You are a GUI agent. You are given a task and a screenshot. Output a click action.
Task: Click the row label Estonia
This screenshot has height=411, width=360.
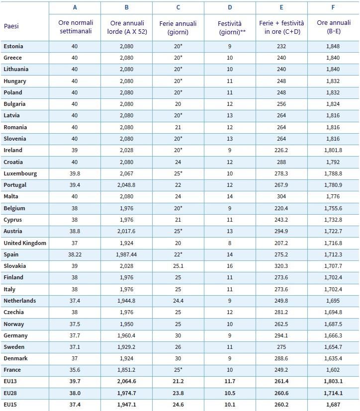click(x=13, y=46)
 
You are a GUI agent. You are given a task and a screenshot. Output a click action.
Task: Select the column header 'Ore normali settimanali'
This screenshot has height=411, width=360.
click(x=76, y=27)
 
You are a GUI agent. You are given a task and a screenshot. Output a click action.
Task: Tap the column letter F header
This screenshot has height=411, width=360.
click(x=333, y=7)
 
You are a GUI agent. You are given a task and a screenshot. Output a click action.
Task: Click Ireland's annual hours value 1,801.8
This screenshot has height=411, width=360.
click(x=333, y=150)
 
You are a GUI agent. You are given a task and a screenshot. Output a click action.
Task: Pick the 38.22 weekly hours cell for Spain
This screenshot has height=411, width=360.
click(x=75, y=254)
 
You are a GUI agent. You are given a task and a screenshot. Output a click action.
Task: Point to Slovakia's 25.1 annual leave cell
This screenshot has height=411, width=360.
click(x=178, y=266)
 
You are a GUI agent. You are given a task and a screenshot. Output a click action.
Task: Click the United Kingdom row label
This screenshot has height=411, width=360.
click(x=25, y=243)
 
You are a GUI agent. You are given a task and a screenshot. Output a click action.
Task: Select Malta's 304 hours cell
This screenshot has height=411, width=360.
click(x=281, y=196)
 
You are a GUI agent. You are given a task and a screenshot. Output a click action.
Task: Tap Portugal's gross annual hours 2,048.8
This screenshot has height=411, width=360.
click(x=126, y=185)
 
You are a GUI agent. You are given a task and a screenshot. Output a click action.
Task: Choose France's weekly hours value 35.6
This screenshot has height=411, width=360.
click(x=75, y=370)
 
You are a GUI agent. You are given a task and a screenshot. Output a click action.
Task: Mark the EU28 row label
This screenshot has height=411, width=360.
click(x=10, y=393)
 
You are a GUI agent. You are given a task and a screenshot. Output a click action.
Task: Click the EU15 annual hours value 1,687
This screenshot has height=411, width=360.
click(x=333, y=405)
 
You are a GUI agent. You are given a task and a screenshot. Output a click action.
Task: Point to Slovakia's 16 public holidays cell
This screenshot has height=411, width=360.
click(x=230, y=266)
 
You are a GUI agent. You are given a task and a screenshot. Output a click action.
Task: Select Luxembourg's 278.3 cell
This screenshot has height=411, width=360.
click(x=281, y=173)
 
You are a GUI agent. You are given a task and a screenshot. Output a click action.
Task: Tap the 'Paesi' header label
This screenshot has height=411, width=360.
click(x=11, y=26)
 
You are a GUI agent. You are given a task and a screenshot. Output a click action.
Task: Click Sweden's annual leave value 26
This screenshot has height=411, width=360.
click(x=178, y=347)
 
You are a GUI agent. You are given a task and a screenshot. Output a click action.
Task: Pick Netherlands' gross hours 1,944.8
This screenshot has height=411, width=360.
click(x=126, y=301)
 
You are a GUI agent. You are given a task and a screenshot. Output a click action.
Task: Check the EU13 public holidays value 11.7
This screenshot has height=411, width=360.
click(x=230, y=381)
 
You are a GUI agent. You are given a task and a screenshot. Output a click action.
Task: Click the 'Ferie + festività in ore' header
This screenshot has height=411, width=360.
click(x=281, y=27)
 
